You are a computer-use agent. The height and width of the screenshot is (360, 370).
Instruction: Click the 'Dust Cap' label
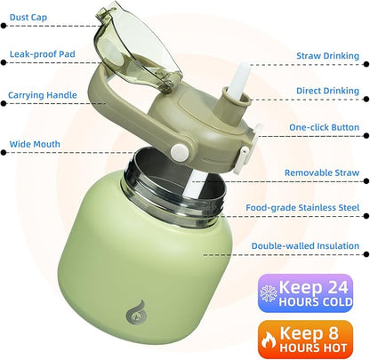click(x=28, y=17)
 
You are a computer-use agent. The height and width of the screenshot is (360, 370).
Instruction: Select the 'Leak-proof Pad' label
click(x=43, y=54)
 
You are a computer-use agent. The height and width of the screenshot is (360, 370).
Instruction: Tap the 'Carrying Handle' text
click(x=43, y=95)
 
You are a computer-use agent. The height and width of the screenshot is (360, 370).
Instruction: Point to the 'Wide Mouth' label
click(x=35, y=144)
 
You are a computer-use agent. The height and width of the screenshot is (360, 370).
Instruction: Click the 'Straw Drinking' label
click(x=327, y=56)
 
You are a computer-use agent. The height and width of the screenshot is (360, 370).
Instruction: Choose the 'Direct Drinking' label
click(x=327, y=91)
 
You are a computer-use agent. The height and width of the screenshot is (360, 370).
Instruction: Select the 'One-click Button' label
click(x=324, y=127)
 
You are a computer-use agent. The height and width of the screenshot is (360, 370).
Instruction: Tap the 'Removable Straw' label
click(x=322, y=172)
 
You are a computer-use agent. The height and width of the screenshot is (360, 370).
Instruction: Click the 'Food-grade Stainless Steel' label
click(x=302, y=208)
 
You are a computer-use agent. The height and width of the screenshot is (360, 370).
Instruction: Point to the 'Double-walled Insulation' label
click(x=305, y=246)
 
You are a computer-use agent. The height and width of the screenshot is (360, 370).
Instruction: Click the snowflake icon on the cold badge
click(x=269, y=293)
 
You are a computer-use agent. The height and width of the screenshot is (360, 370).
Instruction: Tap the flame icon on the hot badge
click(x=269, y=340)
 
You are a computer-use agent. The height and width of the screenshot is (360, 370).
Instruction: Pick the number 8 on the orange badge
click(x=334, y=332)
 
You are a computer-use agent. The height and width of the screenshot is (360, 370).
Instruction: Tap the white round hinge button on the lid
click(x=180, y=152)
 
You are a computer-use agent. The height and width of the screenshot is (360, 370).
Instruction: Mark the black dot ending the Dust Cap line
click(x=4, y=26)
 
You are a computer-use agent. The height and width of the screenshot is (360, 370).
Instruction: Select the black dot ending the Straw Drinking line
click(x=366, y=64)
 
